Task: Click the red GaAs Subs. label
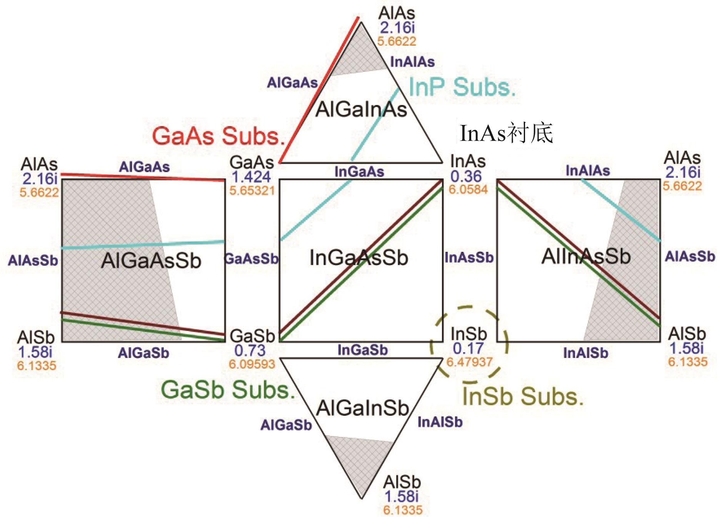pos(218,136)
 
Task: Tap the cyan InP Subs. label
pos(462,87)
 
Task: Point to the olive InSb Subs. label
pos(523,396)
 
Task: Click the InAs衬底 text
pos(506,133)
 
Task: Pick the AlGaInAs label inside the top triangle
pos(361,109)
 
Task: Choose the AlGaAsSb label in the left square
pos(151,261)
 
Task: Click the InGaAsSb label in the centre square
pos(358,258)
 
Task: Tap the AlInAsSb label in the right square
pos(586,256)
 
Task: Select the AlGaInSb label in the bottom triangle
pos(362,408)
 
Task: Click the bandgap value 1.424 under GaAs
pos(251,177)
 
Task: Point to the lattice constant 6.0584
pos(468,190)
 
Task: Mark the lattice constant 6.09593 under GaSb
pos(252,364)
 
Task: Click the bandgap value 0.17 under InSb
pos(468,348)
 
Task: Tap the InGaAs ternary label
pos(359,171)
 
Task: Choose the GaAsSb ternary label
pos(252,259)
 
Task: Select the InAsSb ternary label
pos(469,258)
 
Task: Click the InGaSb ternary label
pos(362,350)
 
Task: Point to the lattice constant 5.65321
pos(252,190)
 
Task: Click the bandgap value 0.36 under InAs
pos(466,176)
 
